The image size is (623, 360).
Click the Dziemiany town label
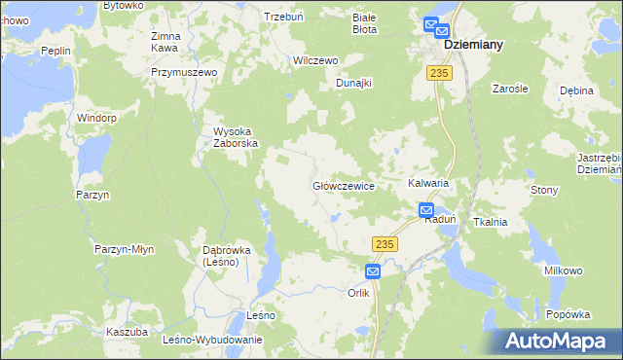tap(479, 45)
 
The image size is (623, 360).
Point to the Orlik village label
tap(359, 292)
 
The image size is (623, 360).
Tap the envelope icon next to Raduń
tap(426, 208)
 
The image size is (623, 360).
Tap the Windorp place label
tap(97, 118)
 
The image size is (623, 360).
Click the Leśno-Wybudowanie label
tap(213, 340)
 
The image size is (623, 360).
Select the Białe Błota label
tap(363, 23)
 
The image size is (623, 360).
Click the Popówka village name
tap(568, 314)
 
